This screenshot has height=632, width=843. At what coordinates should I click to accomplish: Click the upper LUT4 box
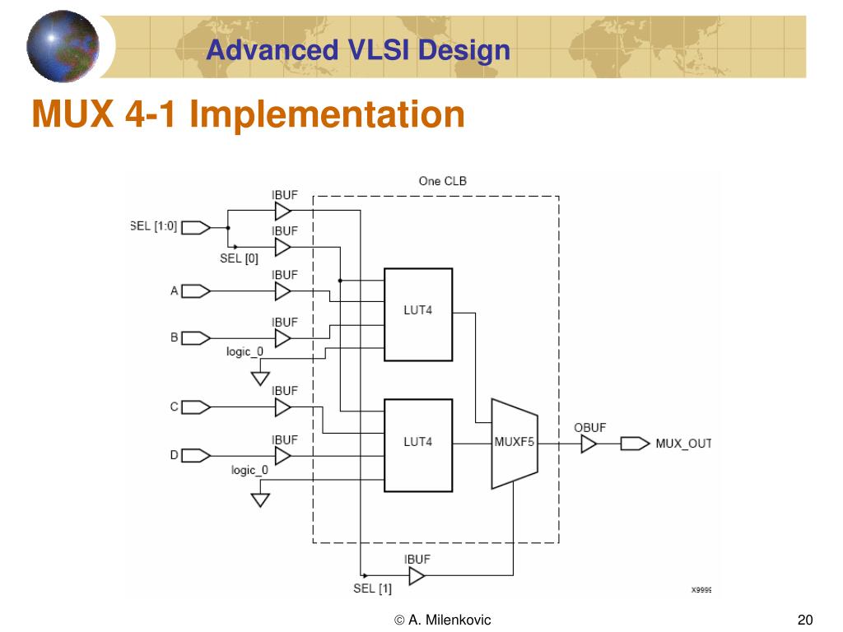pos(418,314)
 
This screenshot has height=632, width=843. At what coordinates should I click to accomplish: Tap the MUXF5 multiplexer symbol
pos(515,443)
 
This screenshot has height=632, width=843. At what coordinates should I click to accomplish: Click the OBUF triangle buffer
pos(588,444)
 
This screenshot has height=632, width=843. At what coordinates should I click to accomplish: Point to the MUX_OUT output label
pos(682,444)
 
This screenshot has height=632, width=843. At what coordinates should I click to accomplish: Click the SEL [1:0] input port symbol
pos(195,227)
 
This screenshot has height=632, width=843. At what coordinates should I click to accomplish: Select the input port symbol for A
pos(195,291)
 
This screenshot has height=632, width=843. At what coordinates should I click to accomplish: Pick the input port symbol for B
pos(195,337)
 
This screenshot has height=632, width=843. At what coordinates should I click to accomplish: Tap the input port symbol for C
pos(195,407)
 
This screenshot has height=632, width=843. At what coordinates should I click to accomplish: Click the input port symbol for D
pos(195,455)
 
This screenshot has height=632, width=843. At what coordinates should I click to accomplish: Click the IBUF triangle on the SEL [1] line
pos(417,576)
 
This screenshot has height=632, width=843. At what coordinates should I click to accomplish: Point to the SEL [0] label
pos(239,258)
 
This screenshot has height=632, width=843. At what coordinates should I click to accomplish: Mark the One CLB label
pos(442,181)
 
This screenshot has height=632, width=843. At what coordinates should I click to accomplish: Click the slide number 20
pos(805,620)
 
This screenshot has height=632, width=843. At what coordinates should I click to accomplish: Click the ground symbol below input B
pos(260,379)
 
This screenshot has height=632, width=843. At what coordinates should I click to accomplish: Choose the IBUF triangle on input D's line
pos(282,455)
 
